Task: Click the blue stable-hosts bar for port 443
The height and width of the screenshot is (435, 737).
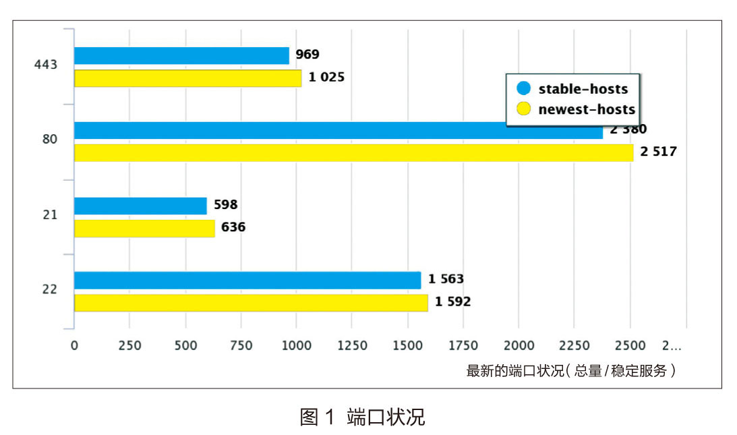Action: coord(181,55)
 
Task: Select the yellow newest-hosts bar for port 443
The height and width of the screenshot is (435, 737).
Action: coord(187,78)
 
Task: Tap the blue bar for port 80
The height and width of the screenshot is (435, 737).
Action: coord(338,130)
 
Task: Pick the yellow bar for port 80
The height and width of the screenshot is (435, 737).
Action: coord(353,153)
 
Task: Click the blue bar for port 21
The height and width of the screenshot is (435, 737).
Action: coord(140,206)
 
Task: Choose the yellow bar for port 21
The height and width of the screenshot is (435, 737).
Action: coord(144,229)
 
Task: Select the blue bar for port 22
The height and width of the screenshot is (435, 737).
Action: coord(247,280)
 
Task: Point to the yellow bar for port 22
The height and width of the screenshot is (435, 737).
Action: coord(251,303)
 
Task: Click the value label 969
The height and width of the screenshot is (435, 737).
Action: coord(307,55)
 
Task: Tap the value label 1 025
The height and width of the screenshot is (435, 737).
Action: coord(326,77)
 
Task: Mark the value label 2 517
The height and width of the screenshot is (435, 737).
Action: coord(658,152)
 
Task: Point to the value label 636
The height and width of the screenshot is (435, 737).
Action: coord(233,227)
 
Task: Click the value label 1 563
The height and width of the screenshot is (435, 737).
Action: coord(446,279)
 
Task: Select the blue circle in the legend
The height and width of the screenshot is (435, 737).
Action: coord(523,88)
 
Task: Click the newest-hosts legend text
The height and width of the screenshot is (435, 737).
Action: coord(587,109)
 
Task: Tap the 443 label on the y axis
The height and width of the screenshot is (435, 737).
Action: coord(46,65)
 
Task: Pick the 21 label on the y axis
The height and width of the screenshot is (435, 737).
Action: coord(49,215)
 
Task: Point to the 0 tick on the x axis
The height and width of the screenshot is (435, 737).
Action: coord(74,346)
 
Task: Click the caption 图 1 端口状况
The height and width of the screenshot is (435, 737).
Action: coord(362,417)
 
